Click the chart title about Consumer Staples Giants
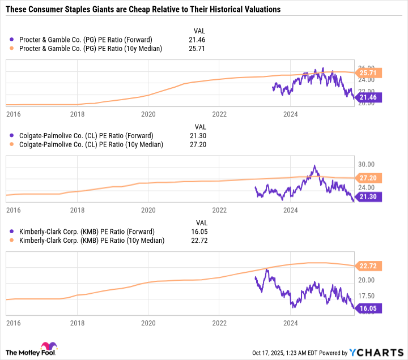click(143, 10)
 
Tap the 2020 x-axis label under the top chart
click(148, 114)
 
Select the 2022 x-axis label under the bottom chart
click(219, 323)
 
